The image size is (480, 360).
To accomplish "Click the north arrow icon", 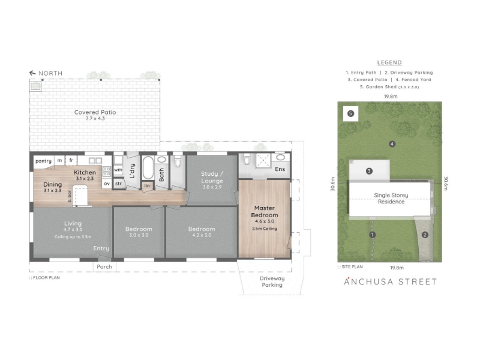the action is click(32, 73).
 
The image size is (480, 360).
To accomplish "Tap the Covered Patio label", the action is click(95, 112).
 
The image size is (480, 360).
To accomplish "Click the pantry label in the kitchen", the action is click(43, 161).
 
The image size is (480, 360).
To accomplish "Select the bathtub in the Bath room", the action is click(148, 168).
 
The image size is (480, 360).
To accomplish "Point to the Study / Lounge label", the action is click(212, 177).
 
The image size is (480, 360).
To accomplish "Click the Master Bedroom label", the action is click(265, 212).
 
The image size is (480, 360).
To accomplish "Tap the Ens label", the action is click(280, 169).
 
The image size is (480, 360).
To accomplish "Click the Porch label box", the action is click(104, 266).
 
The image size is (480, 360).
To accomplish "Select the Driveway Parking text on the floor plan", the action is click(272, 281).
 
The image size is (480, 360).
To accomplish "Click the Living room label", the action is click(73, 223).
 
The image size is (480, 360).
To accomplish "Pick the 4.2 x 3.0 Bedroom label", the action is click(202, 232).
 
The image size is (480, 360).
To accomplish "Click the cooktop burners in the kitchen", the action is click(107, 172).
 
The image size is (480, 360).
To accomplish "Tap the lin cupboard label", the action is click(147, 185).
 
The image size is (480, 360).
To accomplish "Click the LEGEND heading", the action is click(389, 62).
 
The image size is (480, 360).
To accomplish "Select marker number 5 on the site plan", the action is click(351, 113).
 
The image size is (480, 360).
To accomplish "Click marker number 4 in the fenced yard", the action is click(392, 144).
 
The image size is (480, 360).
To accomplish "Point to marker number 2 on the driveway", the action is click(425, 235).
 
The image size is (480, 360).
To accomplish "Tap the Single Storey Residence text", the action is click(391, 199).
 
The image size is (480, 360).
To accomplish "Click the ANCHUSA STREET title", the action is click(391, 281).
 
